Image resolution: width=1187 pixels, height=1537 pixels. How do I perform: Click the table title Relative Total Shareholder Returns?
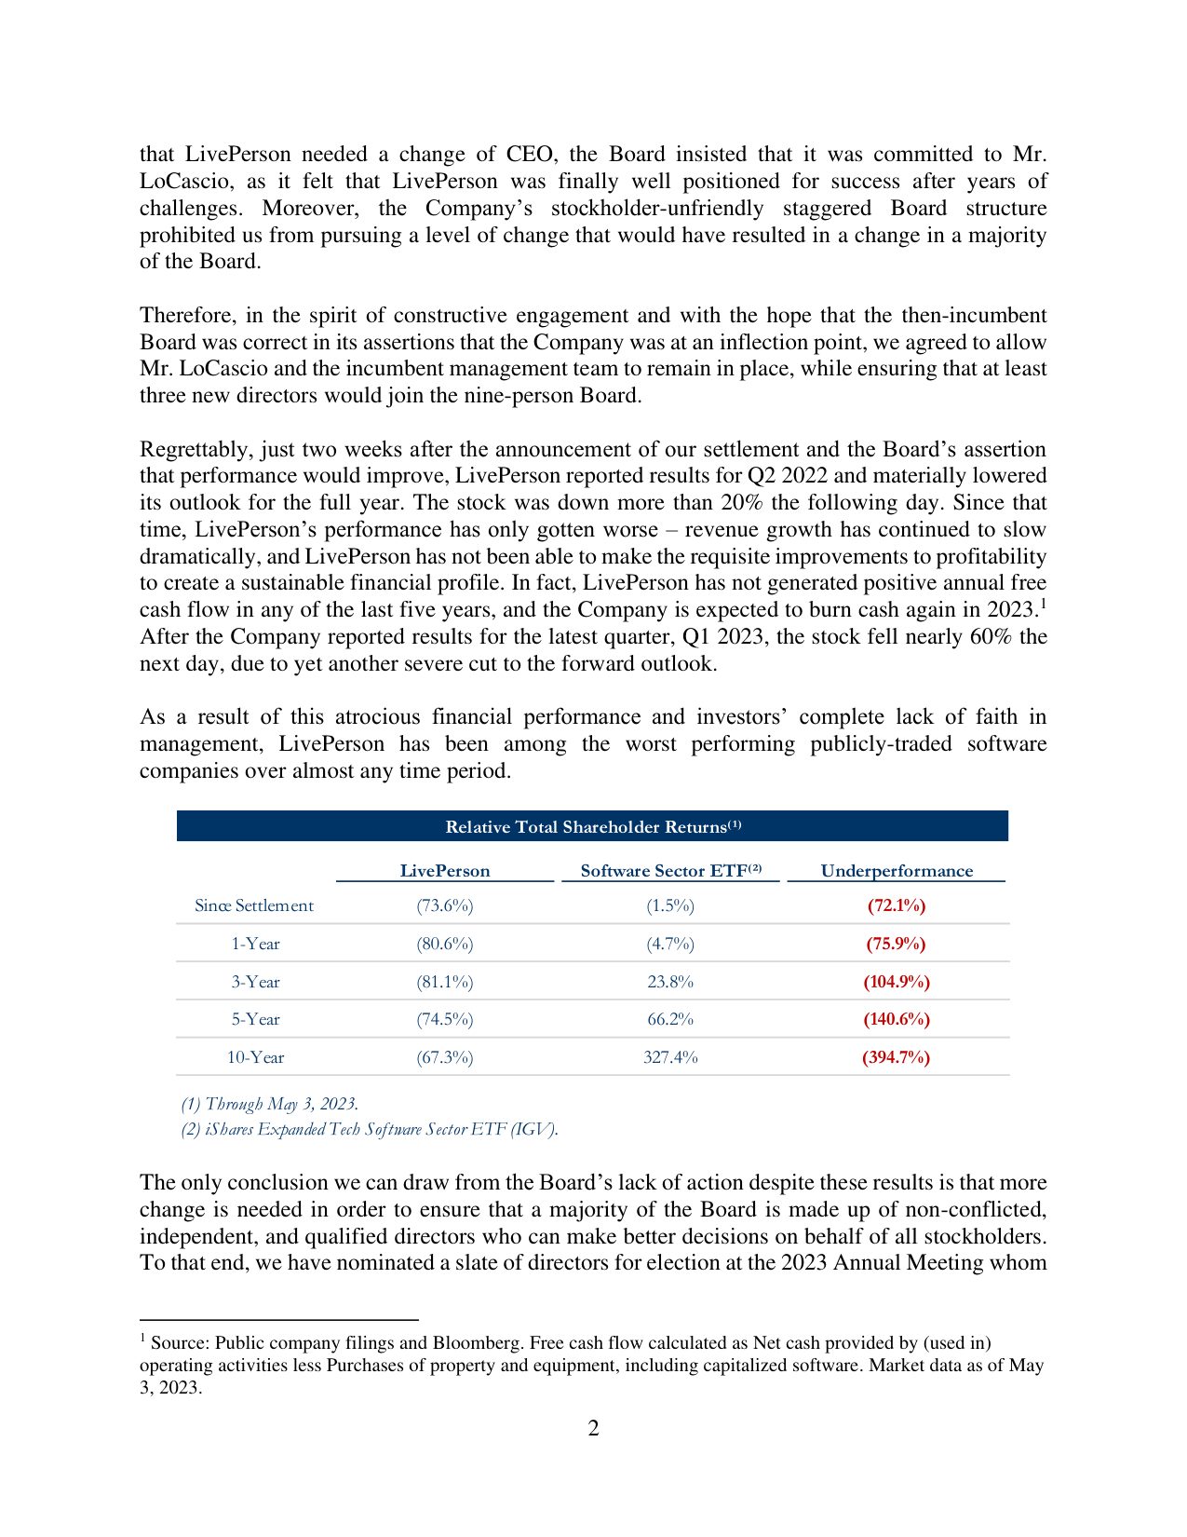pos(593,827)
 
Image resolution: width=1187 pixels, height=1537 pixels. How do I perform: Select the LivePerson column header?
pos(445,871)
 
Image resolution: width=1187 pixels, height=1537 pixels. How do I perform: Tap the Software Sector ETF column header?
pos(670,871)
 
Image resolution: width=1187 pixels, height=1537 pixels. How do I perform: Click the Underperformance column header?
pos(897,871)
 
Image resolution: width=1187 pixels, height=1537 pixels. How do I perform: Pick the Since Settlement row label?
pos(254,905)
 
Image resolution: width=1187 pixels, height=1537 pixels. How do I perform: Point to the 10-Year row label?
pos(256,1057)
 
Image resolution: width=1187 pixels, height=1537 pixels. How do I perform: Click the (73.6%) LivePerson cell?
pos(445,905)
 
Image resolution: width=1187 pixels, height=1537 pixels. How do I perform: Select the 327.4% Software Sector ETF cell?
pos(670,1057)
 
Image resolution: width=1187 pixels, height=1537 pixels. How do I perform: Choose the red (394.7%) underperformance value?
pos(897,1057)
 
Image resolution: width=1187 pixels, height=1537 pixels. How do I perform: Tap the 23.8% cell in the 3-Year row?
pos(670,982)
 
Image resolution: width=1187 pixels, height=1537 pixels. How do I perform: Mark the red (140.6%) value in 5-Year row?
pos(897,1019)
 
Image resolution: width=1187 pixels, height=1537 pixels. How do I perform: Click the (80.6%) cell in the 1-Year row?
pos(445,944)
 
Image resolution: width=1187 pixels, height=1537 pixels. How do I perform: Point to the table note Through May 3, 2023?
pos(270,1104)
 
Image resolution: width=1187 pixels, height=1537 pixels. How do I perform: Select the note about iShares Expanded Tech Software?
pos(370,1129)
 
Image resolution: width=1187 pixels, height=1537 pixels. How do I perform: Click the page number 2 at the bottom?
pos(593,1428)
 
